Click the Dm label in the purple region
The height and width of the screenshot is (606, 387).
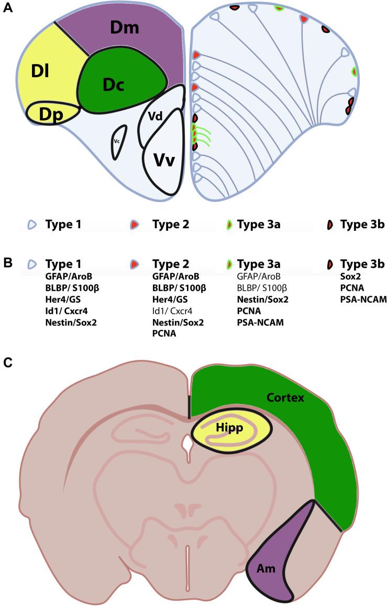point(125,28)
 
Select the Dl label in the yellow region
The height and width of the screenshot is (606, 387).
point(40,71)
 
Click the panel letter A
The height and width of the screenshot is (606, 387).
point(7,9)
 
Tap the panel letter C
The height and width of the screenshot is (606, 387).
point(7,363)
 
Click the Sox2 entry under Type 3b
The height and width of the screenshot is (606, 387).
point(350,275)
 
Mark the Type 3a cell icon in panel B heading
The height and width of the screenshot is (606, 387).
point(229,263)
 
